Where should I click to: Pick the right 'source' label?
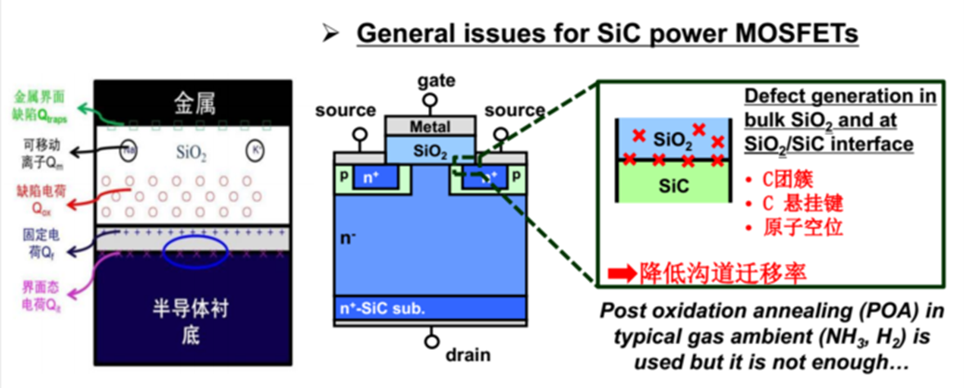point(514,111)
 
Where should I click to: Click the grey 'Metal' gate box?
point(430,127)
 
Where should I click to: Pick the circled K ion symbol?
point(254,151)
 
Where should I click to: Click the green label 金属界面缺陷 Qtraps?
point(40,106)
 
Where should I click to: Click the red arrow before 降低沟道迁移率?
point(620,274)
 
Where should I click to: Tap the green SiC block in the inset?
point(675,183)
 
